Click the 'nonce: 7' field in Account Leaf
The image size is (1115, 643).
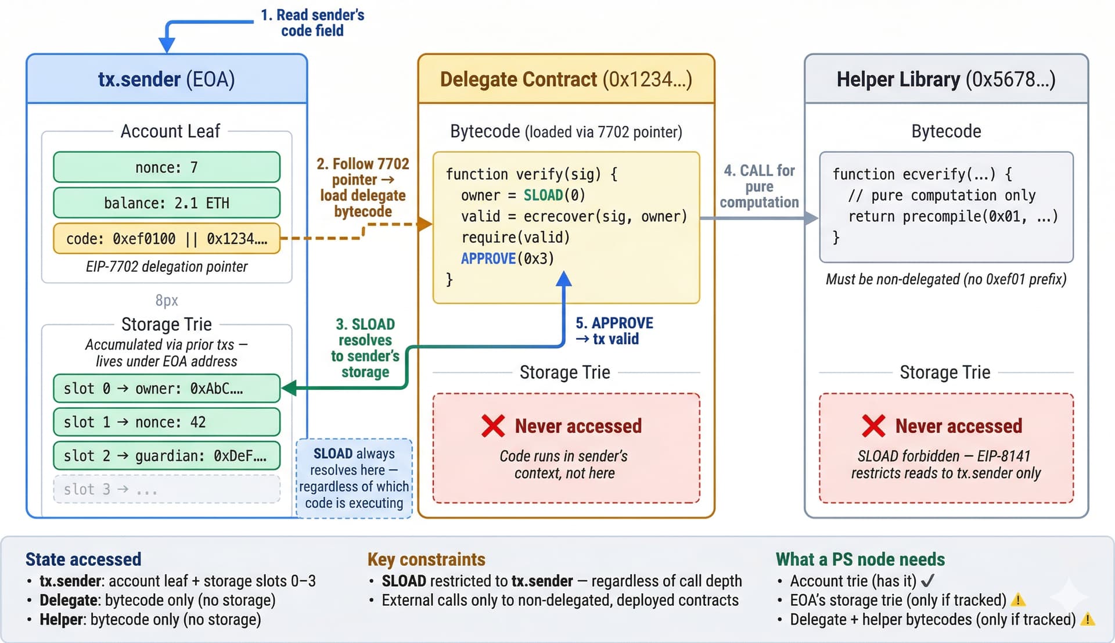click(x=167, y=168)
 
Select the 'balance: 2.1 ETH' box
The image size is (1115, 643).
click(x=167, y=203)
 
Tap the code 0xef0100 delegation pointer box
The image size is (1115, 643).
click(x=167, y=239)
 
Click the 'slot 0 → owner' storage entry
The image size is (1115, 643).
click(x=167, y=389)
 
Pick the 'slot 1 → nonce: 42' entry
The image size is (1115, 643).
click(x=167, y=422)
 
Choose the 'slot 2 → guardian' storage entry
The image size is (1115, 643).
click(x=167, y=456)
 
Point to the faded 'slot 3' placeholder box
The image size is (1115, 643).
click(x=167, y=490)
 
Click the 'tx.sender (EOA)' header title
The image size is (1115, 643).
click(x=167, y=80)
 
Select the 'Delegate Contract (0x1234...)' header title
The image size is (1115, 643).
click(x=566, y=80)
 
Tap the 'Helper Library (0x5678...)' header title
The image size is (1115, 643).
click(x=946, y=80)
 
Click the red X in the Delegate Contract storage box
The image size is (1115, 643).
click(x=493, y=426)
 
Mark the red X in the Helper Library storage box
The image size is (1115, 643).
click(x=873, y=426)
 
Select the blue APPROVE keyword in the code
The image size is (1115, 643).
click(x=488, y=258)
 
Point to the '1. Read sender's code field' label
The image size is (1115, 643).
click(x=312, y=23)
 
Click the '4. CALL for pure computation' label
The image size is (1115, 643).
click(x=759, y=186)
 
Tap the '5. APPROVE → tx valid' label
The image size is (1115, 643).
click(x=614, y=331)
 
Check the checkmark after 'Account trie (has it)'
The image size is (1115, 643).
click(x=928, y=580)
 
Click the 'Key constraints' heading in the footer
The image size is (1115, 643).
click(x=426, y=559)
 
